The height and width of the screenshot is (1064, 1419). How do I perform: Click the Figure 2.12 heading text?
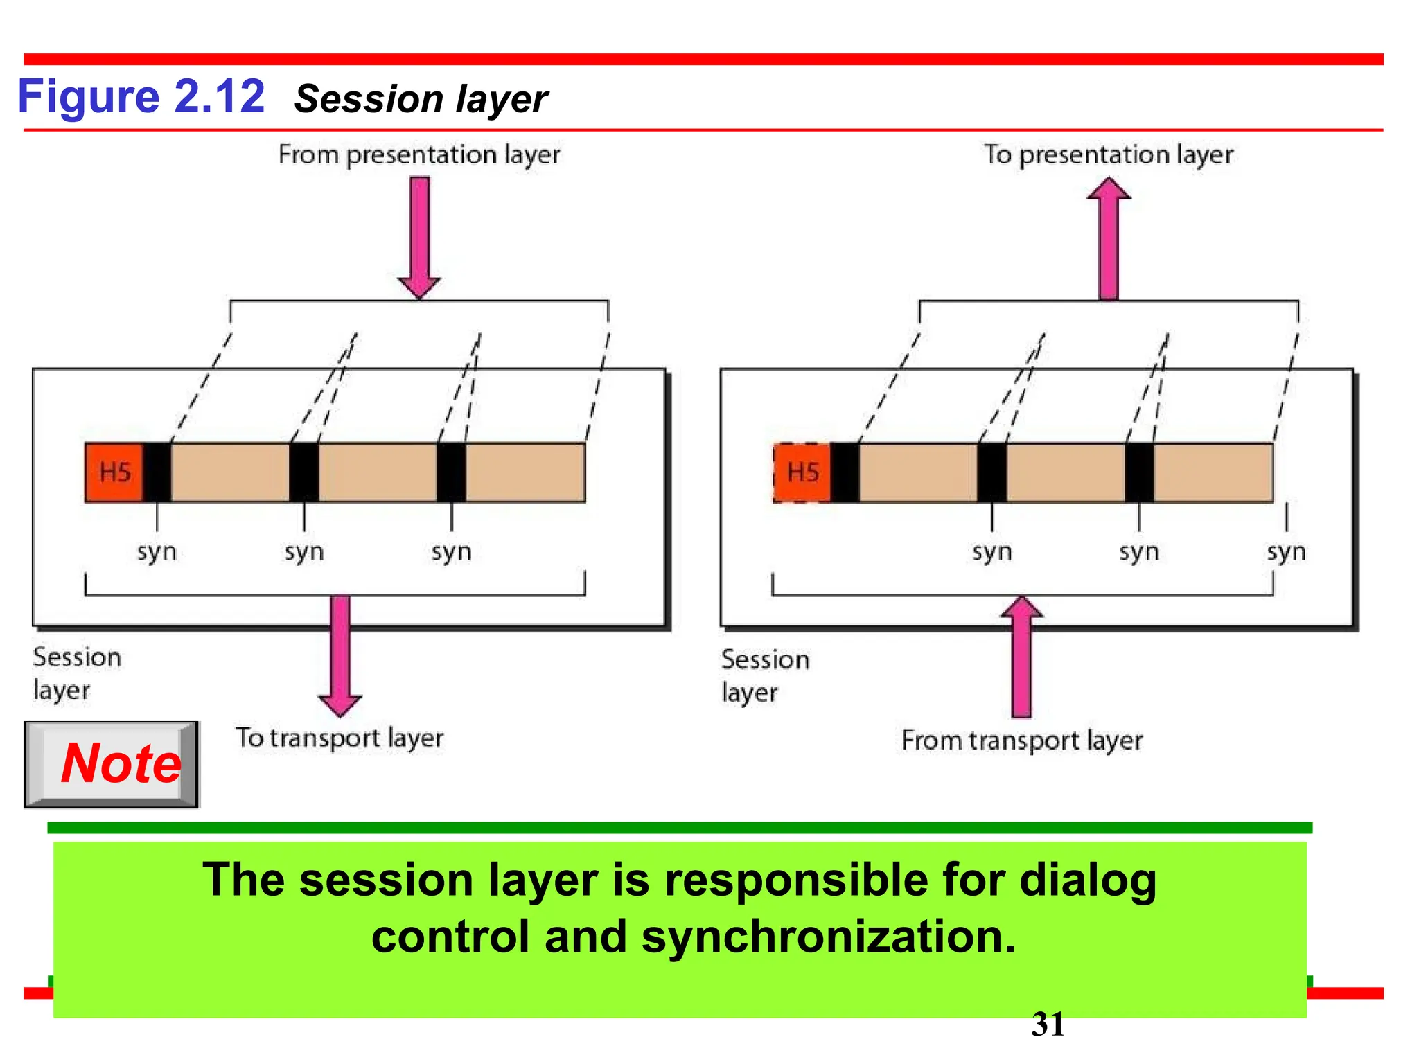point(141,96)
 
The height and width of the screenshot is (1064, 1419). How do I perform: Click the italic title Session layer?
point(421,99)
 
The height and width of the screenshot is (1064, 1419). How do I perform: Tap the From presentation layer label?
point(418,154)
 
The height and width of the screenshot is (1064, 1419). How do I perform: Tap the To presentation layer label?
point(1108,154)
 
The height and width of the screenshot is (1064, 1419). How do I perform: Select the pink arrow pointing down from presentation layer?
point(419,236)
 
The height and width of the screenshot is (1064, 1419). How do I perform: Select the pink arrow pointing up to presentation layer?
point(1109,239)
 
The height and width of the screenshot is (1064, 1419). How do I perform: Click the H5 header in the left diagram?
point(114,472)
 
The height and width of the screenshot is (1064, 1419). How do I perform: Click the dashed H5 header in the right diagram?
point(802,472)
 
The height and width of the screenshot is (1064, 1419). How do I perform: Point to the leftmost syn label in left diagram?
point(157,552)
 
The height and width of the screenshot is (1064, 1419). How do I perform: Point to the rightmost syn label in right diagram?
point(1286,552)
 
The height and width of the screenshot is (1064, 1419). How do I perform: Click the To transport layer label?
point(340,738)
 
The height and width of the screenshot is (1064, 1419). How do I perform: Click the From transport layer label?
point(1021,741)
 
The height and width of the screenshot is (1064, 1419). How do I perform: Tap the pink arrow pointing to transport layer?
point(340,655)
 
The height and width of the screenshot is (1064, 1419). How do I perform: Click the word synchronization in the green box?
point(828,937)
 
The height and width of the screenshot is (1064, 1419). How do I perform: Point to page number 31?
point(1048,1025)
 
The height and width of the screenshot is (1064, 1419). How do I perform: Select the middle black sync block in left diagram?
point(303,472)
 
